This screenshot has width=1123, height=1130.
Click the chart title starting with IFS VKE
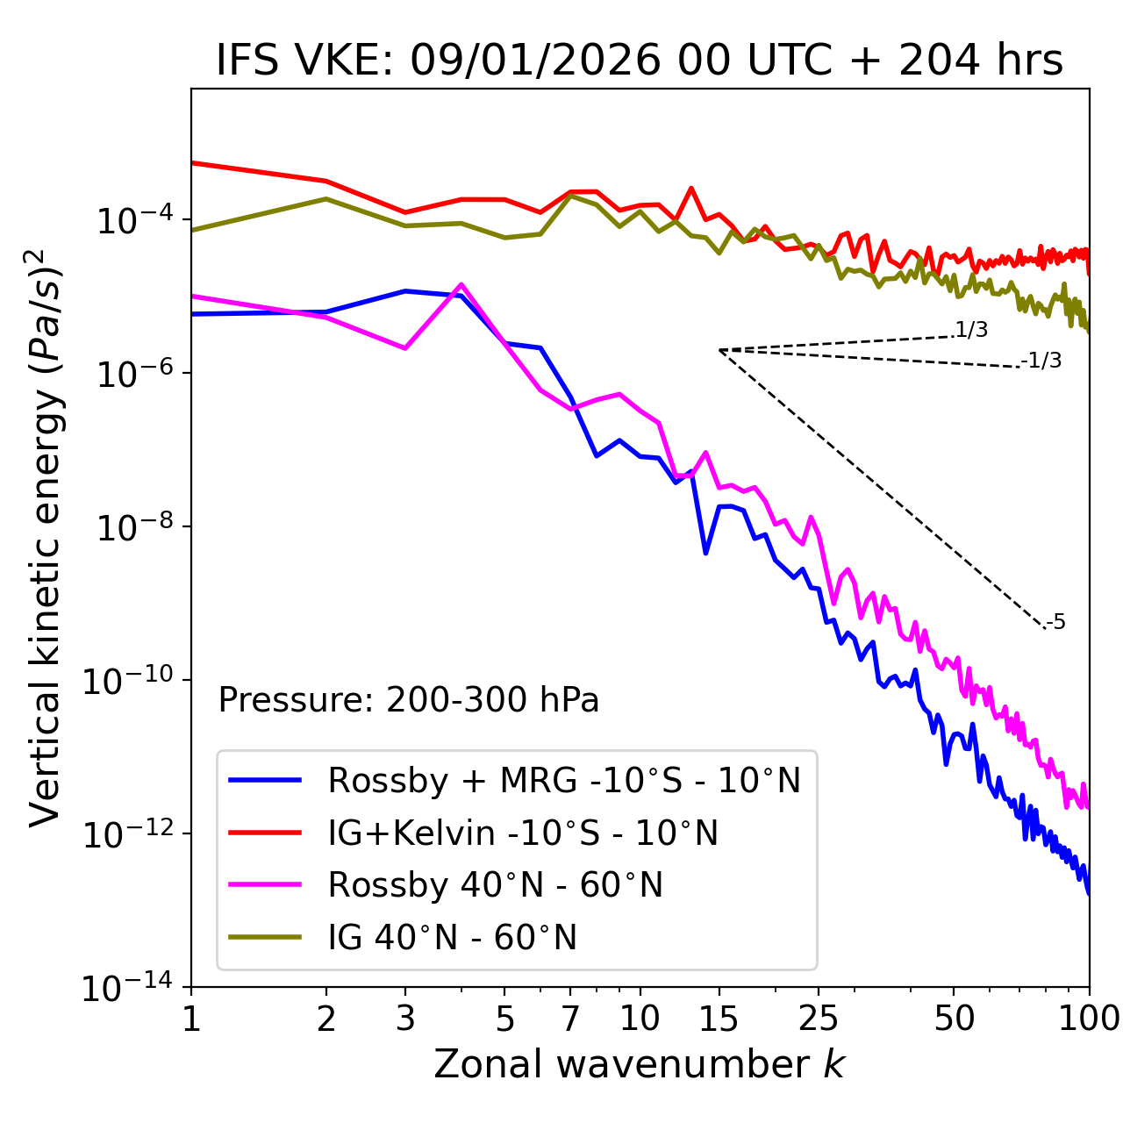(640, 61)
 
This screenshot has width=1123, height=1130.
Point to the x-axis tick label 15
(719, 1019)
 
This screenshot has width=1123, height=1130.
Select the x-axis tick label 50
(954, 1019)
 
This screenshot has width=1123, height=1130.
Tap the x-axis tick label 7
(570, 1019)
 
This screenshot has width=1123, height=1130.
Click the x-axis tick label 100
(1089, 1019)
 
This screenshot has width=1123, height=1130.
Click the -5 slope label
(1056, 623)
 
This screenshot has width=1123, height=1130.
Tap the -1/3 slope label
(1041, 361)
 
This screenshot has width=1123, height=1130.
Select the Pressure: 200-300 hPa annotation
(409, 700)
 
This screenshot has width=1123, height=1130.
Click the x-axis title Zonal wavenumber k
(640, 1064)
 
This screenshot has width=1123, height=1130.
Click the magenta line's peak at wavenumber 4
(461, 284)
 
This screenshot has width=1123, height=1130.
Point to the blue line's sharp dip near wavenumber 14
(705, 554)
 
